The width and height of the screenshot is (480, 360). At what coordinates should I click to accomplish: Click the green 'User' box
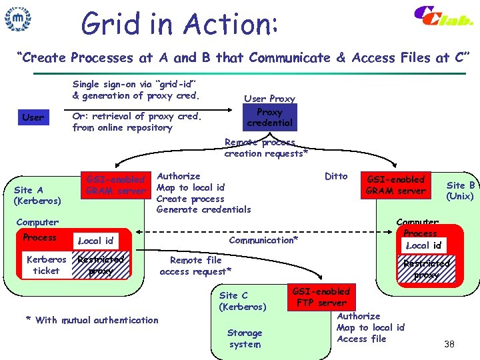[33, 117]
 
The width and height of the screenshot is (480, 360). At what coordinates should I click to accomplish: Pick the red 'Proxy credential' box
[269, 117]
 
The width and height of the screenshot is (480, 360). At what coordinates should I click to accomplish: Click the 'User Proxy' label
[269, 99]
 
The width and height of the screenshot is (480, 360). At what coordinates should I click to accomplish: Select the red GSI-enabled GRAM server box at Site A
[116, 185]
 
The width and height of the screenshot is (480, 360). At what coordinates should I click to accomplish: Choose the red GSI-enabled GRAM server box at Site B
[396, 185]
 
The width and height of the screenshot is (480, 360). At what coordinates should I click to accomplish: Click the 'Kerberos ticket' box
[46, 265]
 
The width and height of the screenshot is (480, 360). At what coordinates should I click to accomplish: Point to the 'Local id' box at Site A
[96, 240]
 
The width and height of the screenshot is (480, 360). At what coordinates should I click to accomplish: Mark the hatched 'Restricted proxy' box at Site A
[101, 265]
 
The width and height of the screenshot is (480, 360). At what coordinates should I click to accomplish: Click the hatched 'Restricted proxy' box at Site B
[426, 269]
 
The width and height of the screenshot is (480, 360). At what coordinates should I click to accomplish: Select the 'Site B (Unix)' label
[460, 191]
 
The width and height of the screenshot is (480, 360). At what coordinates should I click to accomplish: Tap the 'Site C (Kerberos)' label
[243, 301]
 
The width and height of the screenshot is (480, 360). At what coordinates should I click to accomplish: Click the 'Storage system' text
[245, 338]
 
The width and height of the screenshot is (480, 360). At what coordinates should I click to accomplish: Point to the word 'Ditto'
[336, 176]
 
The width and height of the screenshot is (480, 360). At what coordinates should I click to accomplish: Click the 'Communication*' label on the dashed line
[263, 239]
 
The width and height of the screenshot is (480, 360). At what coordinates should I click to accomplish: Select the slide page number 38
[449, 344]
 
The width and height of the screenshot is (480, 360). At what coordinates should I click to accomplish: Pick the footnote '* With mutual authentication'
[92, 320]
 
